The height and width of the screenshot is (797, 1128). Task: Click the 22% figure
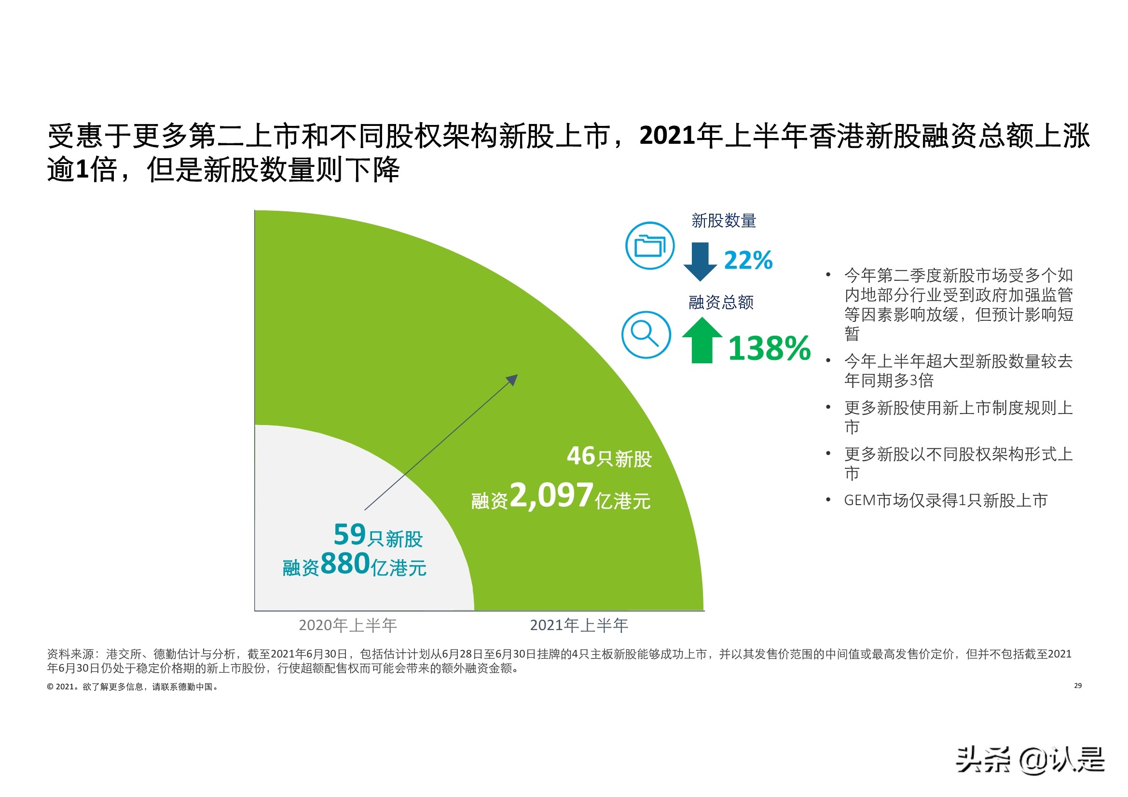(748, 261)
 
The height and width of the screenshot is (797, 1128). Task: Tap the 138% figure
(769, 348)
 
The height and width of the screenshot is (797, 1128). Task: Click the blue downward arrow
(700, 261)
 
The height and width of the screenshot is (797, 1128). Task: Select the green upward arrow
(702, 340)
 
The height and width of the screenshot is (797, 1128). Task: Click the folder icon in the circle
(649, 245)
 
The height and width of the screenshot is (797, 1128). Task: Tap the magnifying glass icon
(646, 335)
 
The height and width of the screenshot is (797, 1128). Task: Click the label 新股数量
(724, 220)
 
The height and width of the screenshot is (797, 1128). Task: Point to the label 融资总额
(721, 302)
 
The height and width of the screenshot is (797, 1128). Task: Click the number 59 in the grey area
(349, 534)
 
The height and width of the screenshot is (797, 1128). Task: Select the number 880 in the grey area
(345, 563)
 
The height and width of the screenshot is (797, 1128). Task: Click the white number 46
(581, 455)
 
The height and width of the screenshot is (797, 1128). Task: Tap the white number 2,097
(551, 495)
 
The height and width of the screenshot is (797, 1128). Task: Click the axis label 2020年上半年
(347, 625)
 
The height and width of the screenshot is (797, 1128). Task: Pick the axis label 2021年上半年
(579, 625)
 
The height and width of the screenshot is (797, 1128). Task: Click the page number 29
(1077, 686)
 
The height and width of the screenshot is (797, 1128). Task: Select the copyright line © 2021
(133, 687)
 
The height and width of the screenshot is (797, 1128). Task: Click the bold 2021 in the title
(667, 136)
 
